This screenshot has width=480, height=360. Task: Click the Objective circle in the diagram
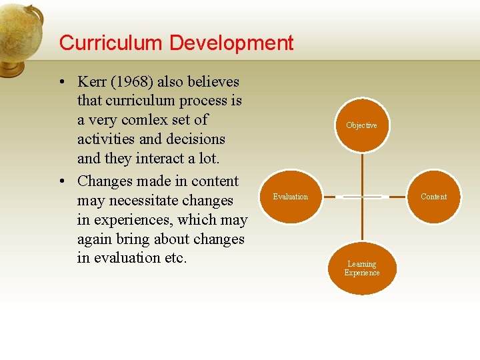(x=361, y=125)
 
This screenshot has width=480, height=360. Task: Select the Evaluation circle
(x=291, y=197)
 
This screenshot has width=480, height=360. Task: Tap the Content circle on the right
(x=433, y=197)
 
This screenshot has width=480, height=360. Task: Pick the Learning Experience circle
(x=362, y=268)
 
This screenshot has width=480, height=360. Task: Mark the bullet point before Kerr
(x=61, y=83)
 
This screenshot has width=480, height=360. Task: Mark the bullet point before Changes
(x=61, y=182)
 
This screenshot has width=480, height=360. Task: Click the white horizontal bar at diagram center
(x=362, y=197)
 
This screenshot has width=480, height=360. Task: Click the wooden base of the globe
(x=11, y=67)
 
